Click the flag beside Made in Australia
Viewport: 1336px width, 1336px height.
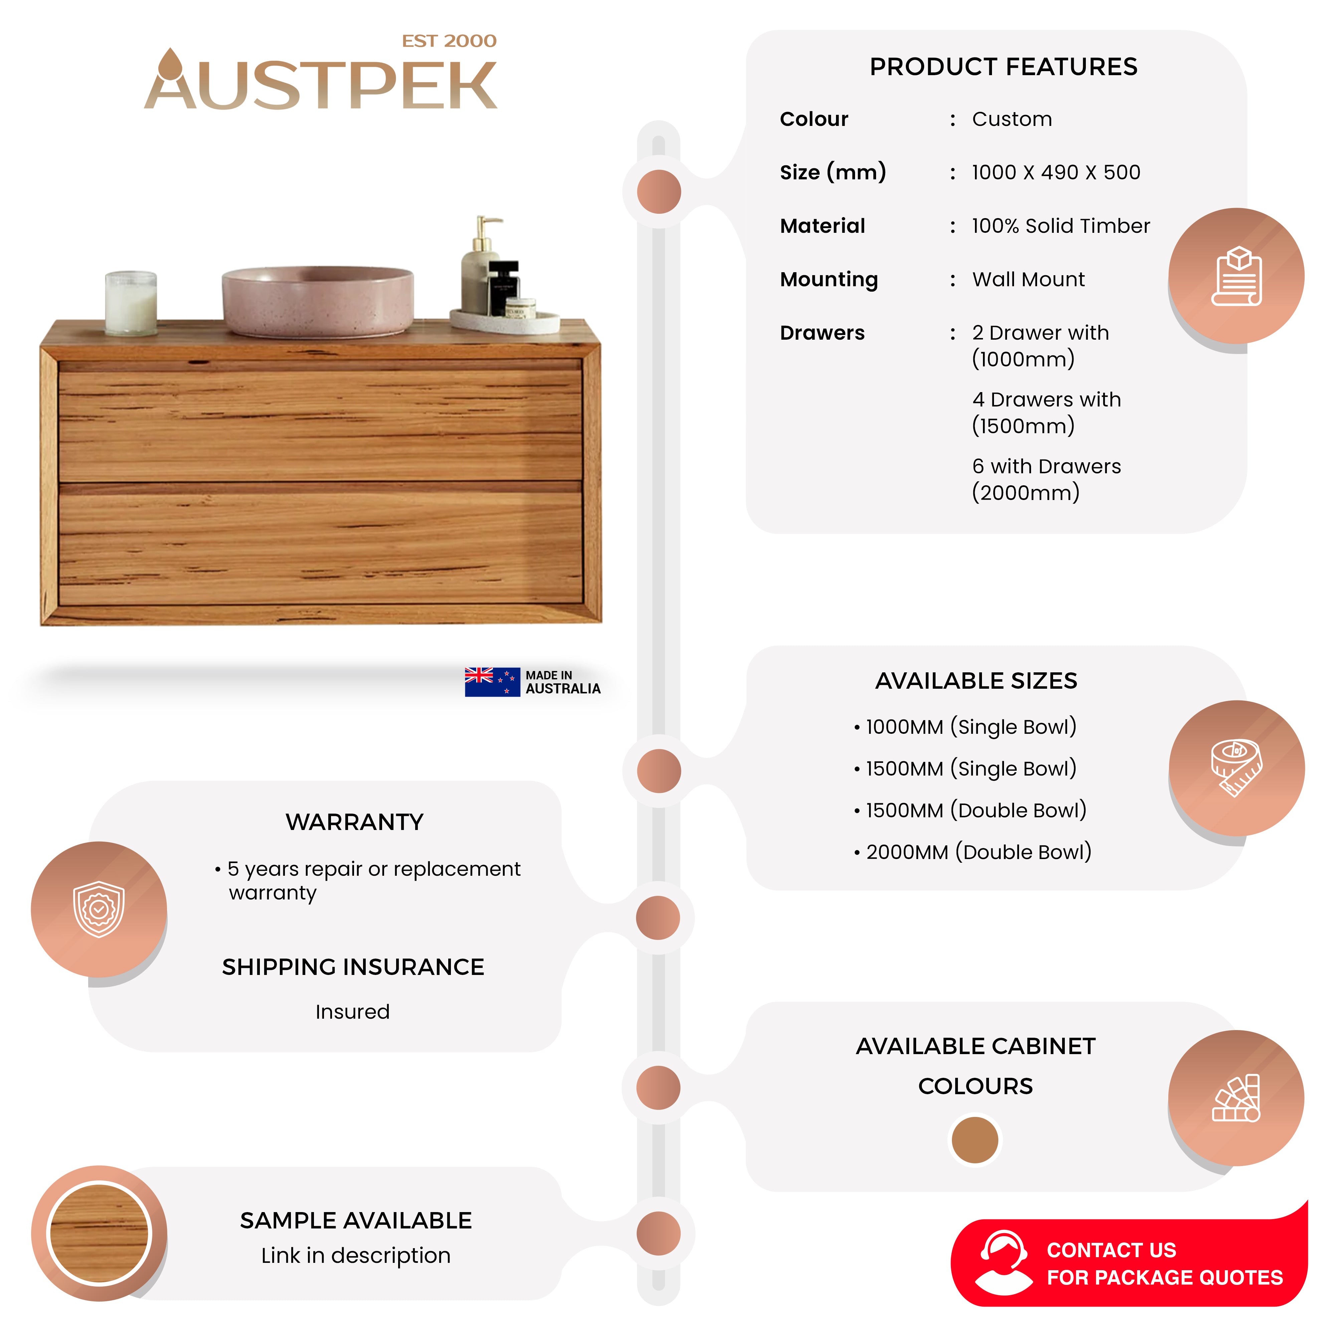point(492,682)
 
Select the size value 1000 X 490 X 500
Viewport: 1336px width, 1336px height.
point(1055,172)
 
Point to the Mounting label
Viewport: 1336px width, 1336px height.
point(828,279)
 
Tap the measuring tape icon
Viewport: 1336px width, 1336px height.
point(1236,768)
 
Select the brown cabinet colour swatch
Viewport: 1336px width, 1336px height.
point(974,1140)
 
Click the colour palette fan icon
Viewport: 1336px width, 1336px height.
point(1236,1098)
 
